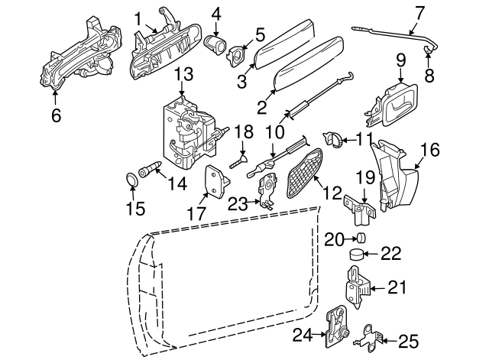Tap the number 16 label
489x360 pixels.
430,150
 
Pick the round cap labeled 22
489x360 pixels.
357,255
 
